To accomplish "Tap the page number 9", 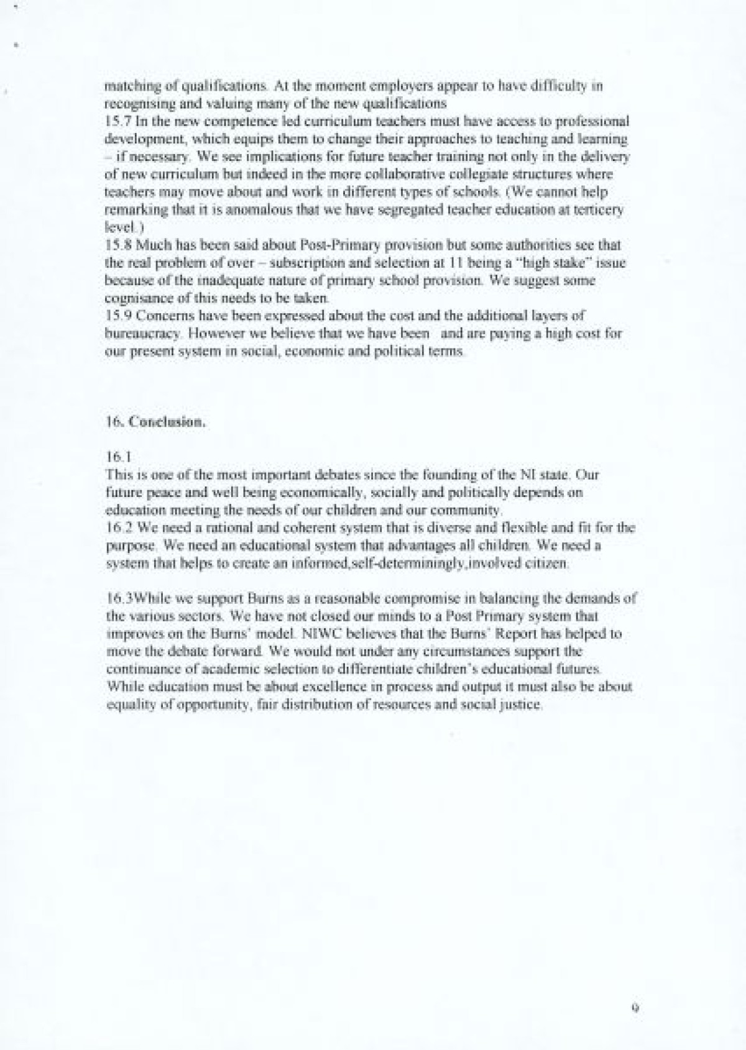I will click(635, 1008).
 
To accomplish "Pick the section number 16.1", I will click(116, 457).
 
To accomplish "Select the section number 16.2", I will click(116, 528).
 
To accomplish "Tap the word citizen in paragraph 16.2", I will click(547, 564).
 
